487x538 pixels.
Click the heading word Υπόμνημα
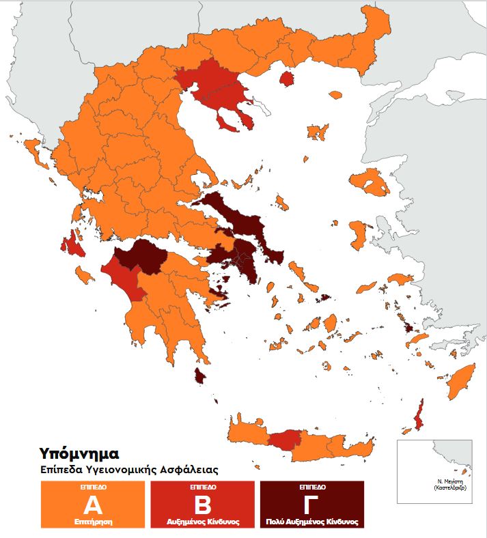point(79,453)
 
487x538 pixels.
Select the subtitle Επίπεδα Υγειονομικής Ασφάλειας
point(129,470)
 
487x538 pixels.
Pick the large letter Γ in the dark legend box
point(311,506)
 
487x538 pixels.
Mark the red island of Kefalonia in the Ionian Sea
point(72,244)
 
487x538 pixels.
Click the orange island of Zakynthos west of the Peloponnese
point(83,275)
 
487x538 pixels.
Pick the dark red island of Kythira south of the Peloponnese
point(200,376)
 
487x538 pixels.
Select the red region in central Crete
point(284,440)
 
